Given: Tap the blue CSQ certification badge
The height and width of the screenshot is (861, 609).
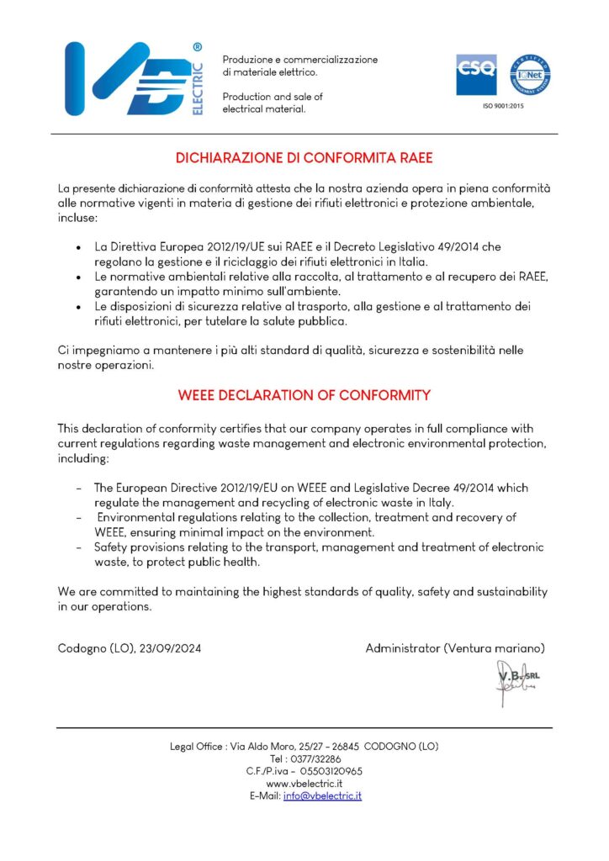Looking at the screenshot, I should [x=476, y=76].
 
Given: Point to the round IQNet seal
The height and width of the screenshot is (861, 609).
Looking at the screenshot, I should [x=530, y=76].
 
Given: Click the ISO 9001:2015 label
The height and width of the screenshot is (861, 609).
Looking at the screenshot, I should [x=503, y=107].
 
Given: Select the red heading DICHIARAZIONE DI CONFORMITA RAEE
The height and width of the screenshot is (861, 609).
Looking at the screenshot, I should [x=304, y=157].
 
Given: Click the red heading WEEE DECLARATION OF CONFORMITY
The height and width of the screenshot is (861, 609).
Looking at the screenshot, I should [x=304, y=394].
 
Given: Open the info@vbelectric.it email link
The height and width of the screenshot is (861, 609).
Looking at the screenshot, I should [x=322, y=795].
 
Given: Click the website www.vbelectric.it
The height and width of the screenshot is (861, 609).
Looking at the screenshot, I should [x=304, y=783].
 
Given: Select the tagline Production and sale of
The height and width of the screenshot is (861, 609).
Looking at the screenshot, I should [x=273, y=97].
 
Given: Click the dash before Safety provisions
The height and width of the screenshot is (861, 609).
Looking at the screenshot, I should [x=79, y=547].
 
